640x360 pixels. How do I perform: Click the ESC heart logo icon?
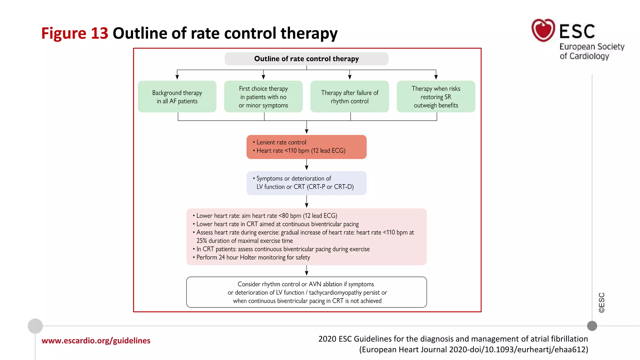543,30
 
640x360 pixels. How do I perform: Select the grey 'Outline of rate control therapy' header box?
306,59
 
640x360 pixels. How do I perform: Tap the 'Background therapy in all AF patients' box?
177,97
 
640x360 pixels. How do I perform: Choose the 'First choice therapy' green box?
263,97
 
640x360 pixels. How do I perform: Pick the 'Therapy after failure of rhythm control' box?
349,97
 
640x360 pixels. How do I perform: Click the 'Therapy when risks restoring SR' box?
436,97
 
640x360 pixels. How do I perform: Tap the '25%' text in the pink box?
202,241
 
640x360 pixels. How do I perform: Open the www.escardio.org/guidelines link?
96,341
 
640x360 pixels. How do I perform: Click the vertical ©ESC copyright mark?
602,302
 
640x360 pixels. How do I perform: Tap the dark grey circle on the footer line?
592,326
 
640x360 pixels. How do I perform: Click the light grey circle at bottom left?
35,326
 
